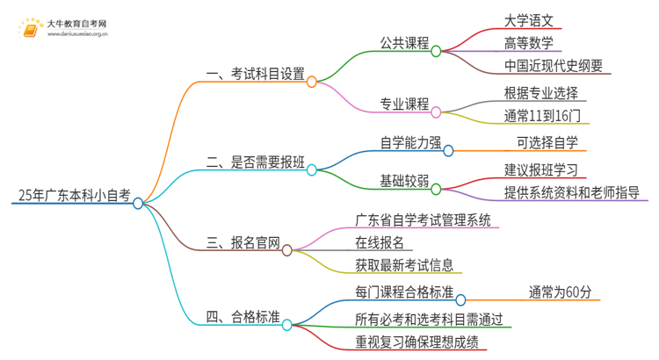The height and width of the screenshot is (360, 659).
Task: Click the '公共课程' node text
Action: click(x=403, y=42)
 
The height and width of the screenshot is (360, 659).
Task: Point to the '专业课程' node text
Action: click(x=403, y=104)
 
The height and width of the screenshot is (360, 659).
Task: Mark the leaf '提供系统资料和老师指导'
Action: click(x=571, y=192)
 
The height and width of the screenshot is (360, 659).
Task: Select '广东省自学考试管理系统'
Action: click(x=423, y=220)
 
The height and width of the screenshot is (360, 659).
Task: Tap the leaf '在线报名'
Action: click(x=380, y=242)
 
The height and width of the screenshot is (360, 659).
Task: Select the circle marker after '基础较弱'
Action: click(x=436, y=187)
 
